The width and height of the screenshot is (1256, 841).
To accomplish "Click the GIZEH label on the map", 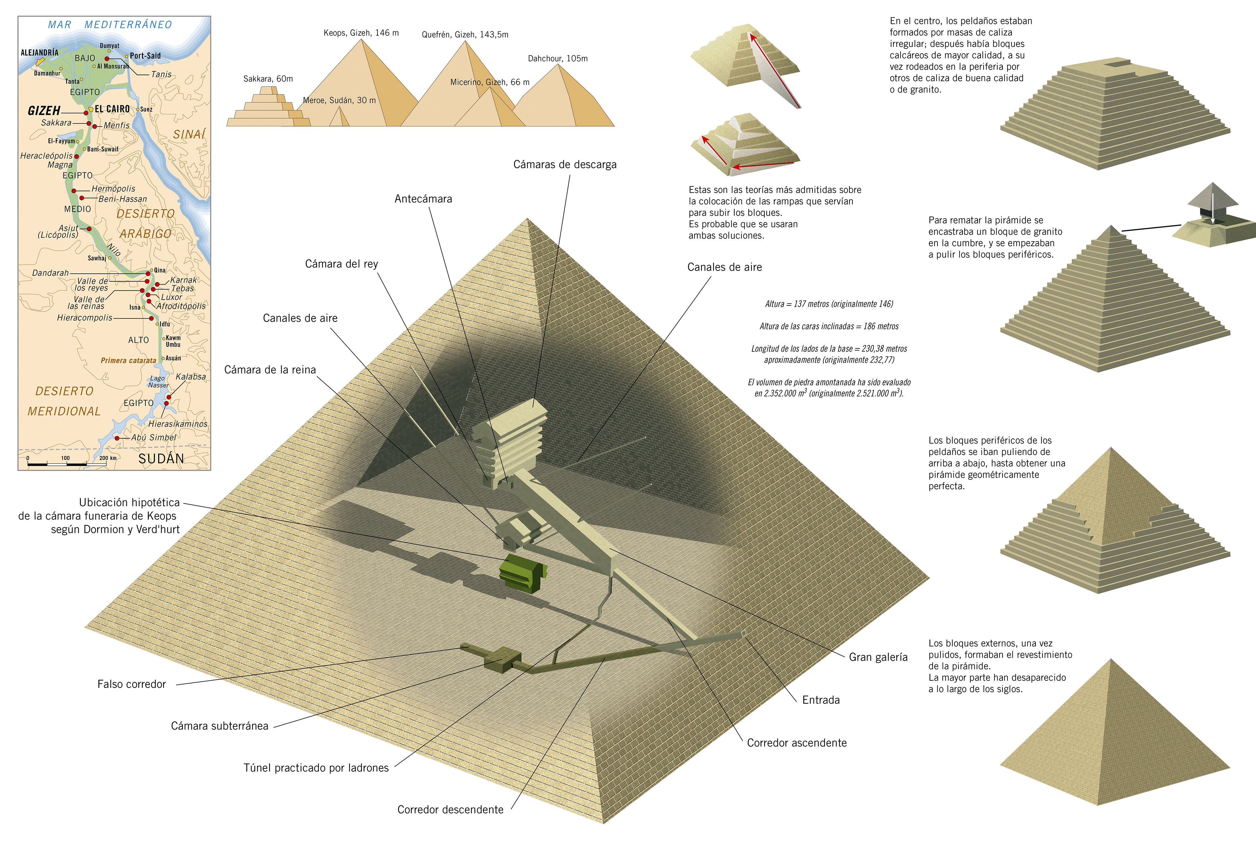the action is click(44, 111).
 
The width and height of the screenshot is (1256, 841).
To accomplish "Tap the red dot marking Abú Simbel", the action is click(117, 438).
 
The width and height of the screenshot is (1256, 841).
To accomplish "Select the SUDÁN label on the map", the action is click(161, 459).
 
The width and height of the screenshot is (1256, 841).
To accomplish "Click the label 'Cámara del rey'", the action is click(341, 264).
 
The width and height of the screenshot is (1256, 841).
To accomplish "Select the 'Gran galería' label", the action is click(878, 657).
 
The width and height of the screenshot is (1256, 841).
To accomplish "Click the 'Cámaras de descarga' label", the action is click(565, 165).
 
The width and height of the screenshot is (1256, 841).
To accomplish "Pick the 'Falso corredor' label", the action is click(131, 684).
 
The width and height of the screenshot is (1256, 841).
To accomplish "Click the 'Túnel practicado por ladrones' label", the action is click(316, 767).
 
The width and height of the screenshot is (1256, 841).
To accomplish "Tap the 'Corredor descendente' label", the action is click(450, 809).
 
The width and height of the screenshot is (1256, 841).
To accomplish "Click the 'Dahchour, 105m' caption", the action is click(558, 59).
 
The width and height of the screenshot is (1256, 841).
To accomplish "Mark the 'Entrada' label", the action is click(821, 700).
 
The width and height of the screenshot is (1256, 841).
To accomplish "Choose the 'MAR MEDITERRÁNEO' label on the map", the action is click(110, 25).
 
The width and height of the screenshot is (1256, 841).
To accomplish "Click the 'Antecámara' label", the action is click(423, 199).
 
